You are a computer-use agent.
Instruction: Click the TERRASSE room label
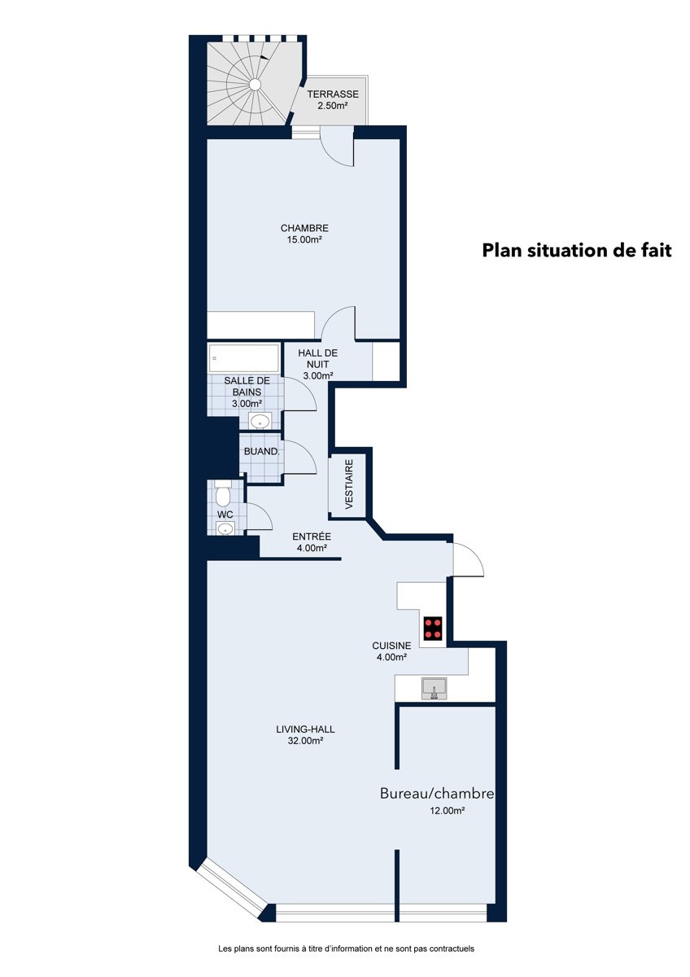(333, 94)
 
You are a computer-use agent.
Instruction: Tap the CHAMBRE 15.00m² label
(304, 234)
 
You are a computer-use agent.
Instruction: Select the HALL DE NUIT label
(318, 358)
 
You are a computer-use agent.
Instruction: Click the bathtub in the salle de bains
(243, 358)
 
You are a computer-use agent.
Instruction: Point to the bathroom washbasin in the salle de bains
(260, 422)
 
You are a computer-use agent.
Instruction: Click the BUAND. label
(261, 451)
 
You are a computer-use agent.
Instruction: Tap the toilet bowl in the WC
(223, 493)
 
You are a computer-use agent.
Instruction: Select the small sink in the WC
(225, 528)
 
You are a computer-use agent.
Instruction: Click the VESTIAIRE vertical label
(349, 484)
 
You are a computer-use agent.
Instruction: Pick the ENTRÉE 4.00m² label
(312, 542)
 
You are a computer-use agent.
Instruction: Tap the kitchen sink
(434, 688)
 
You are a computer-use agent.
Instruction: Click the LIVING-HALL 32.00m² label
(305, 734)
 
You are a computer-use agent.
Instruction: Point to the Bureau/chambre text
(437, 793)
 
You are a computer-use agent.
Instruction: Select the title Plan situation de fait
(577, 251)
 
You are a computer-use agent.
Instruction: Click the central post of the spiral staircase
(255, 84)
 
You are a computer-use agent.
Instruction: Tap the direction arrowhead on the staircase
(264, 57)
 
